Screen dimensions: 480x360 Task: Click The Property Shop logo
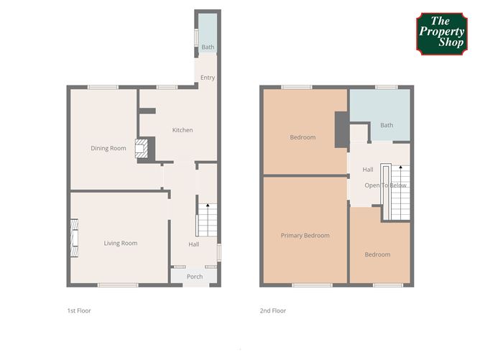point(442,34)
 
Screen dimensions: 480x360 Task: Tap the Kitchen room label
point(183,130)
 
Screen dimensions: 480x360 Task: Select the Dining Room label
point(109,149)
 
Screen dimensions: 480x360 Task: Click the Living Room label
point(121,244)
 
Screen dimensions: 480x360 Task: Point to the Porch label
point(195,277)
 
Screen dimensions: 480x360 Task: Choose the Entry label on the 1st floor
point(208,78)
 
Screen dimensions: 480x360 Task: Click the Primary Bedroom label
point(305,236)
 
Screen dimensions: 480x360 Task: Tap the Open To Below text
point(385,185)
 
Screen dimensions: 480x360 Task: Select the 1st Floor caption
point(79,310)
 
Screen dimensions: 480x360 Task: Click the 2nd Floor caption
point(273,310)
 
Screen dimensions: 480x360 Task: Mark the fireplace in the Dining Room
point(142,149)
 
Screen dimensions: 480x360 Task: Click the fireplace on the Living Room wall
point(75,238)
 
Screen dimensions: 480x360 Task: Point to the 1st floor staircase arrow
point(208,205)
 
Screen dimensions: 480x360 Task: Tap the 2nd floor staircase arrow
point(400,167)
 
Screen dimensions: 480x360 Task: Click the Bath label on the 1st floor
point(208,47)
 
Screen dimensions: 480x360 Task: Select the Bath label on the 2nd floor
point(387,125)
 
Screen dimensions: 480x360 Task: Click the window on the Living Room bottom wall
point(118,285)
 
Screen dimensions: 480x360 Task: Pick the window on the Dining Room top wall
point(103,87)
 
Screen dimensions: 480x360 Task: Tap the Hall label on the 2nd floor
point(368,170)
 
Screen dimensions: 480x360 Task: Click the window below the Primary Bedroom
point(313,285)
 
